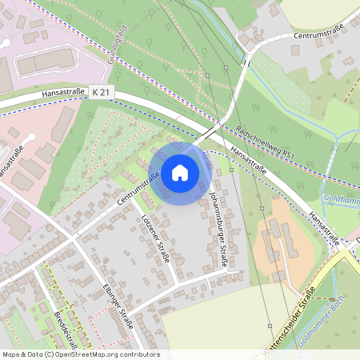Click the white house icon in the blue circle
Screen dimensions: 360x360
[180, 173]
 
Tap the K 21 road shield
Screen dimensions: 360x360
[102, 93]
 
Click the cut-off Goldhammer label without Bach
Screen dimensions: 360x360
[341, 198]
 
